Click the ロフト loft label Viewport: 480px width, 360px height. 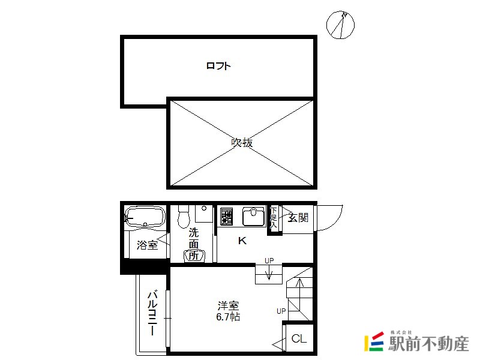[x=218, y=66]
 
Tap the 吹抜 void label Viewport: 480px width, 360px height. [x=242, y=142]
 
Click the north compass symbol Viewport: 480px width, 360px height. [x=340, y=25]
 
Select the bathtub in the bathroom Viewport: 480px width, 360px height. [x=145, y=217]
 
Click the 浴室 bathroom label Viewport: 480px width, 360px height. [x=147, y=245]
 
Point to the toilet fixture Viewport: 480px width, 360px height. [x=184, y=217]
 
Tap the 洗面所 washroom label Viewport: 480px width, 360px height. [x=193, y=244]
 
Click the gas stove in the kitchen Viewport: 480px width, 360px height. [x=227, y=217]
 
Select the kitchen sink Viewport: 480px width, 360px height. [x=253, y=217]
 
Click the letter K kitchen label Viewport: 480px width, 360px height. [x=242, y=241]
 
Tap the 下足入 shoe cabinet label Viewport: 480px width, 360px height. [x=274, y=218]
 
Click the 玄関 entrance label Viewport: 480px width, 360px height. [x=298, y=218]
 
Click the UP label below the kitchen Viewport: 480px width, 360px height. [x=269, y=260]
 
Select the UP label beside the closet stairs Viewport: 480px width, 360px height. [x=281, y=311]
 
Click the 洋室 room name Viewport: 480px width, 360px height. [x=228, y=306]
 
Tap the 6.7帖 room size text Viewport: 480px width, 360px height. [x=228, y=317]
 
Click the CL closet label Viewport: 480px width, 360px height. [x=299, y=338]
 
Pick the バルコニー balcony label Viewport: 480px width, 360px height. [x=152, y=313]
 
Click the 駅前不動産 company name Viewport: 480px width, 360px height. [x=428, y=343]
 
